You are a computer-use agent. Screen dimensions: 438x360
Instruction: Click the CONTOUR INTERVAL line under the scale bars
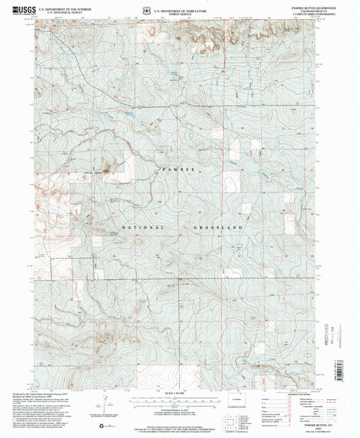tap(180, 410)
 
